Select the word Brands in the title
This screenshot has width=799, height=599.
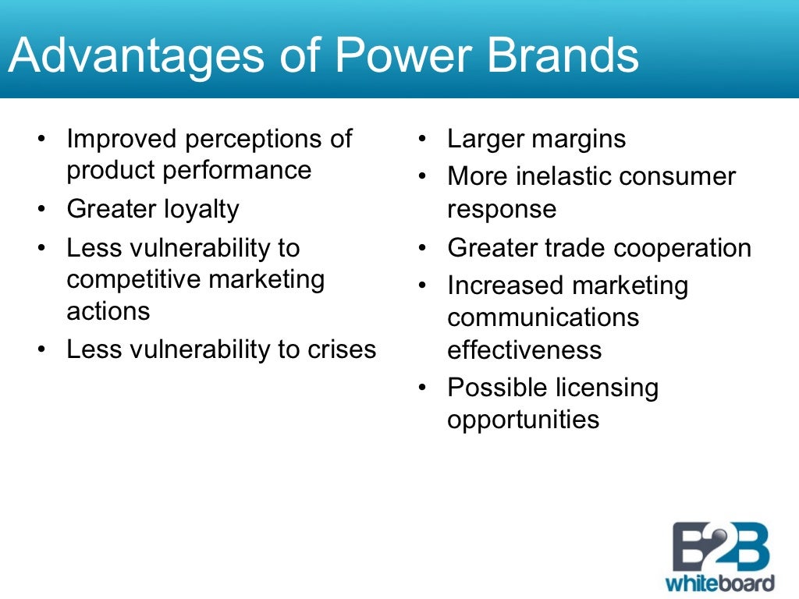point(569,55)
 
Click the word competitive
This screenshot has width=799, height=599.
point(133,279)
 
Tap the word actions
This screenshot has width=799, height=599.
point(108,310)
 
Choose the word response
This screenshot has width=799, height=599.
point(502,208)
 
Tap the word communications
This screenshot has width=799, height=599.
point(543,317)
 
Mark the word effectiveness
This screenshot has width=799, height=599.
point(524,349)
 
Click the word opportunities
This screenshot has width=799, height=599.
point(524,420)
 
